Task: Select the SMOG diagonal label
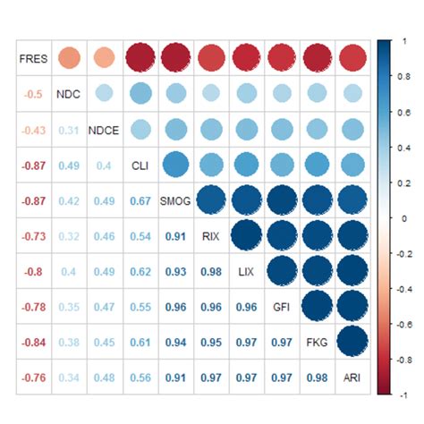point(175,200)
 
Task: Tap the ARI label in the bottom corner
point(352,377)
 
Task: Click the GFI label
point(282,306)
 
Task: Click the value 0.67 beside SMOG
point(139,200)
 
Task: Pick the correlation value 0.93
point(175,271)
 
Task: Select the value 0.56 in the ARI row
point(139,377)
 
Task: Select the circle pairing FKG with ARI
point(352,342)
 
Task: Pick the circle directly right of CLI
point(175,165)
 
